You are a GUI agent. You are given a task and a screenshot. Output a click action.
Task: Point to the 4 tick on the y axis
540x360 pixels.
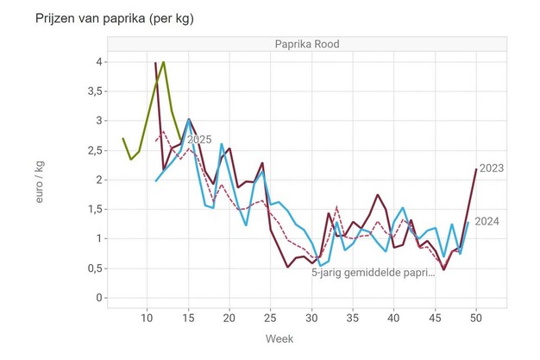point(100,62)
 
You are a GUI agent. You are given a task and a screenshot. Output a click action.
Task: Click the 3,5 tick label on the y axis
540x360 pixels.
point(95,92)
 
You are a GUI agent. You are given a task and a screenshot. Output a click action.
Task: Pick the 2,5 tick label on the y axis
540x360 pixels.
point(95,150)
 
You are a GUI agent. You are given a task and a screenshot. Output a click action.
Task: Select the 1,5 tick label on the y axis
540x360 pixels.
point(95,209)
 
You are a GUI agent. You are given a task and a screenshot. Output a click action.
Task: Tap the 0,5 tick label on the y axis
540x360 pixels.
point(95,268)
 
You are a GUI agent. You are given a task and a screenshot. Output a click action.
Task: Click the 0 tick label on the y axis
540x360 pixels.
point(100,298)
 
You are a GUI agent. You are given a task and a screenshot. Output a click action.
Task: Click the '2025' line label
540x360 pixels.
point(199,139)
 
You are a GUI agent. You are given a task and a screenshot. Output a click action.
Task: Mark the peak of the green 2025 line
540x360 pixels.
point(163,62)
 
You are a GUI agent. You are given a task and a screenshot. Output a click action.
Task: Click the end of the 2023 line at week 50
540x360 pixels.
point(475,169)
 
